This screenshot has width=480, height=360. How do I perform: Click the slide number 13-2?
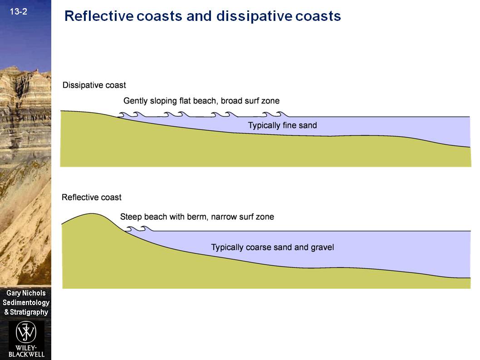(18, 12)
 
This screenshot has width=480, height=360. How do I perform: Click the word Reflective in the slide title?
(98, 16)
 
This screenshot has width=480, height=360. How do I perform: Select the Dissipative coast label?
(94, 85)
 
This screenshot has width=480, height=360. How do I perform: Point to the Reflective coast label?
(92, 197)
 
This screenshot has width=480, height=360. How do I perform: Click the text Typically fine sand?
(282, 125)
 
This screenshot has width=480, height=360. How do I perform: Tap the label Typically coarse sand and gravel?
(272, 247)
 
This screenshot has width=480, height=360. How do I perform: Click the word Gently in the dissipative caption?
(135, 101)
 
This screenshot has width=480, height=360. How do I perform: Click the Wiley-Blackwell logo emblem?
(26, 332)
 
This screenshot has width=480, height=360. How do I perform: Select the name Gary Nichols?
(26, 293)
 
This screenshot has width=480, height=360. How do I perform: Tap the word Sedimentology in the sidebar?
(26, 303)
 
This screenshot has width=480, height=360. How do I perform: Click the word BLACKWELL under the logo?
(26, 354)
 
